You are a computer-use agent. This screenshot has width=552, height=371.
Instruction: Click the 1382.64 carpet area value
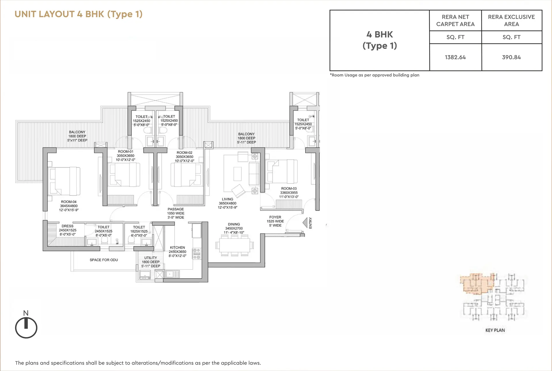(x=455, y=57)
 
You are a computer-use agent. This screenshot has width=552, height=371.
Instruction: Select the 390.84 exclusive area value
(x=511, y=57)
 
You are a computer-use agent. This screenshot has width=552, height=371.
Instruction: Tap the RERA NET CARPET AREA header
(x=455, y=20)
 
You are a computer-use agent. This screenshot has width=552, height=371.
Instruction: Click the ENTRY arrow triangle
(x=305, y=223)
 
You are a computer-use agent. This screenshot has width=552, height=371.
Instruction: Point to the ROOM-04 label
(x=68, y=202)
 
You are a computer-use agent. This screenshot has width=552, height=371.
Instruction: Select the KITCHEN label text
(x=177, y=248)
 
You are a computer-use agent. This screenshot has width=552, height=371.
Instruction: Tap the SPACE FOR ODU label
(x=103, y=260)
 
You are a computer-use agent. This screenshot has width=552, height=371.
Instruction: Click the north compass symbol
(x=26, y=327)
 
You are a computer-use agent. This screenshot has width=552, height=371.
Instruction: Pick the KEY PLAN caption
(x=495, y=330)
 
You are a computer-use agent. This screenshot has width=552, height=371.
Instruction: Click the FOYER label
(x=275, y=217)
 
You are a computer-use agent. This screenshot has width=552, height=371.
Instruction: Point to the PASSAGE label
(x=176, y=209)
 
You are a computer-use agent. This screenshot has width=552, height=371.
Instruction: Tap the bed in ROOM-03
(x=282, y=171)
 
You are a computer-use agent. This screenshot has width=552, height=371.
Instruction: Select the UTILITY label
(x=151, y=258)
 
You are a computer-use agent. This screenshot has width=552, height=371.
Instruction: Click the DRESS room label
(x=67, y=226)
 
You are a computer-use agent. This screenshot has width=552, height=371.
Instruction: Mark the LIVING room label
(x=227, y=199)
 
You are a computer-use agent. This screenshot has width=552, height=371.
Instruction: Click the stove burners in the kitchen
(x=197, y=254)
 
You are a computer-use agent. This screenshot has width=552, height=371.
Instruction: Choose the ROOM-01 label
(x=125, y=152)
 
